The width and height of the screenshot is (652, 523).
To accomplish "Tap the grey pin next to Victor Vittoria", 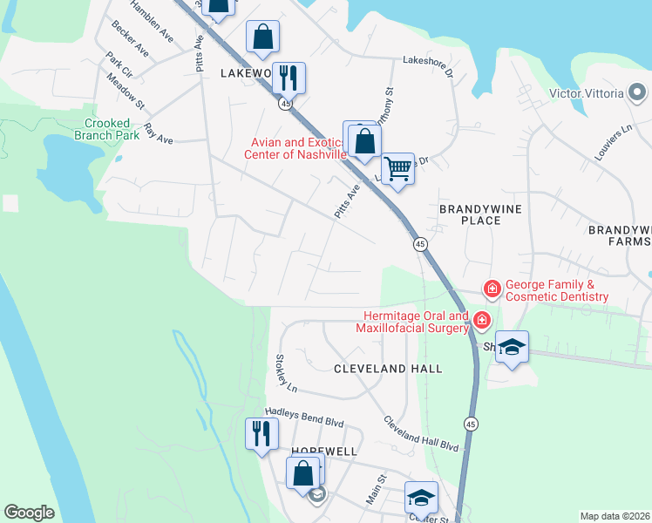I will pyautogui.click(x=637, y=92).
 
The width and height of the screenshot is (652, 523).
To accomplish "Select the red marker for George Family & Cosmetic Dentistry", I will pyautogui.click(x=492, y=288).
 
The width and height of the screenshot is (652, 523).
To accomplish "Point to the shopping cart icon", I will pyautogui.click(x=397, y=167).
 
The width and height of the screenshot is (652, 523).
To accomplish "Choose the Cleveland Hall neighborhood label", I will pyautogui.click(x=389, y=369).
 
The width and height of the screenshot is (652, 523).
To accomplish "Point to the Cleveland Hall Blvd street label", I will pyautogui.click(x=422, y=432).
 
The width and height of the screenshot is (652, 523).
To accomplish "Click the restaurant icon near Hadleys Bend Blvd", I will pyautogui.click(x=261, y=432).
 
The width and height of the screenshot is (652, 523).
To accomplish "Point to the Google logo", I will pyautogui.click(x=29, y=513).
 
